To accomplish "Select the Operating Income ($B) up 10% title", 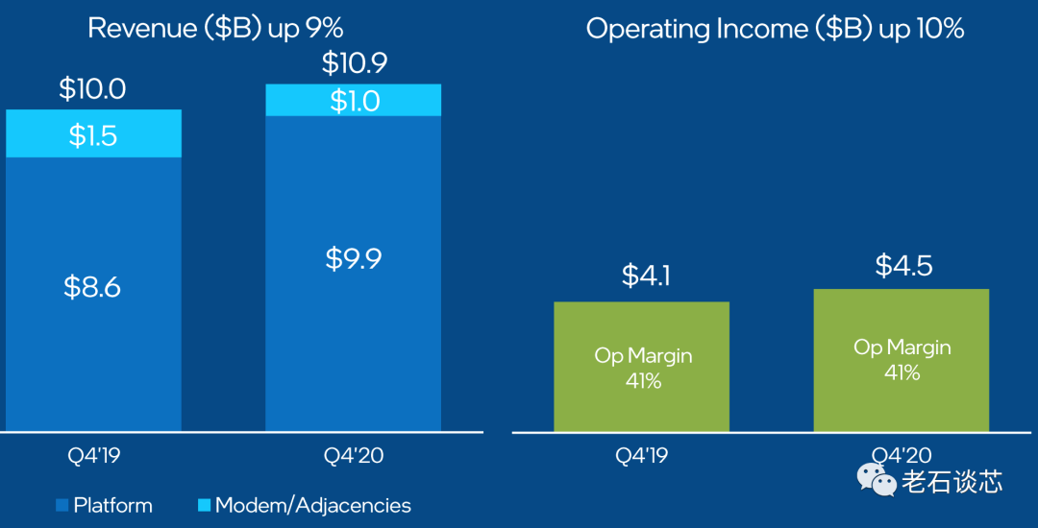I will [x=775, y=29].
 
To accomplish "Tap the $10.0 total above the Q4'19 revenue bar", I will [x=92, y=88].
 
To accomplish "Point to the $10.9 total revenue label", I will [x=353, y=63].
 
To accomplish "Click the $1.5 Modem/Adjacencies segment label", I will [x=92, y=134].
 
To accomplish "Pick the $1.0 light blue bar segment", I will [x=353, y=101].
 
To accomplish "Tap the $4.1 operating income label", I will [x=642, y=276].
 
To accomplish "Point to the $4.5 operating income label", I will [x=902, y=264].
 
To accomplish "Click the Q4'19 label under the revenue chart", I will [x=92, y=456].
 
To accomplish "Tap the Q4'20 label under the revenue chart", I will [x=353, y=456].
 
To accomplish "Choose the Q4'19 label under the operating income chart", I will [x=642, y=456].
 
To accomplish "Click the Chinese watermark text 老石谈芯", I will [x=951, y=481].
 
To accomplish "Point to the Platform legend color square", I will [x=62, y=505].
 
